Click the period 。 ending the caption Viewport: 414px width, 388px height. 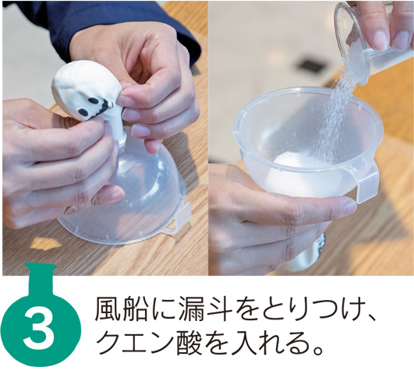[x=317, y=350]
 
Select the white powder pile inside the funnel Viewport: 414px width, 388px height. [x=291, y=160]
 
